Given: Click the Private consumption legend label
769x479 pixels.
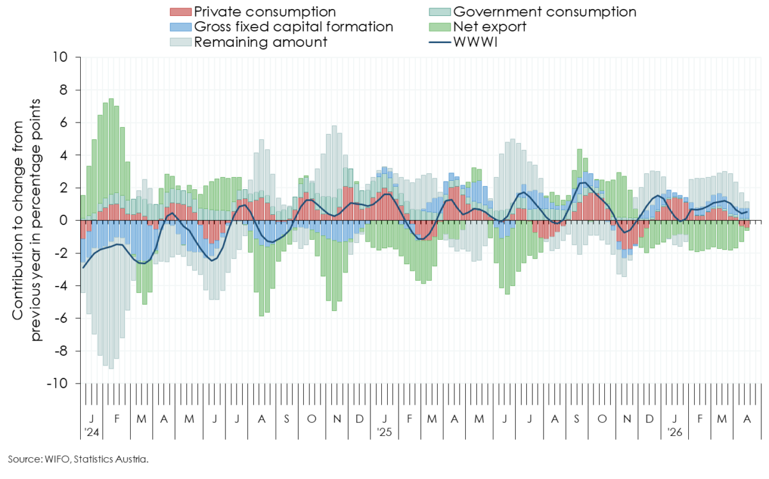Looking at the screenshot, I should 264,12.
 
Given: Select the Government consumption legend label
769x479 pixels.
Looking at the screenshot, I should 544,12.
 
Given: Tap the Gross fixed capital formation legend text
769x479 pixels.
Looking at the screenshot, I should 293,27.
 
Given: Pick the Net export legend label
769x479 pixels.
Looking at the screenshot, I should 490,27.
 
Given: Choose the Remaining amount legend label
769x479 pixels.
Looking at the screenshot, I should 260,42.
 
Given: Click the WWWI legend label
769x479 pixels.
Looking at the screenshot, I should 475,42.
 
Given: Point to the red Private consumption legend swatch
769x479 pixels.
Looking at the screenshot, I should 180,12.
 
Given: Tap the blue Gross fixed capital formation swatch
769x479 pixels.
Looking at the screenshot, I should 180,27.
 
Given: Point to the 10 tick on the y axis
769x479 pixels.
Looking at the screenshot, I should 62,57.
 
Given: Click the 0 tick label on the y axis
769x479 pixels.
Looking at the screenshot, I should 65,221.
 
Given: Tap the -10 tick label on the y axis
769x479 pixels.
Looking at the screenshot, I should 59,383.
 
